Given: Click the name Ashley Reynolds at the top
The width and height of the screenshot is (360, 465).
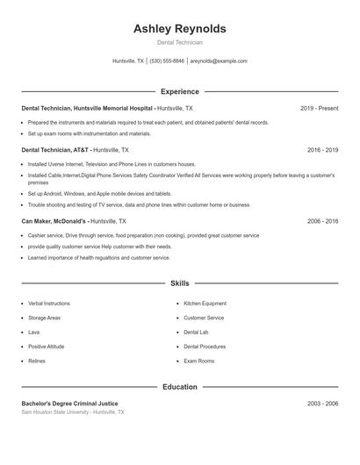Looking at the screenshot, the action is click(x=179, y=28).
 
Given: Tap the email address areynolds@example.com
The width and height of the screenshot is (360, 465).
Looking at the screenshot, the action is click(x=219, y=61).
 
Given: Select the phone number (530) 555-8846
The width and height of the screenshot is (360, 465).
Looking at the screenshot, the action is click(x=167, y=61).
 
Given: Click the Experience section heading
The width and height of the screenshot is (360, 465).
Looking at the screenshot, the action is click(x=179, y=91).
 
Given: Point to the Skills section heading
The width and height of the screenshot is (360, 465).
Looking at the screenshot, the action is click(x=179, y=283).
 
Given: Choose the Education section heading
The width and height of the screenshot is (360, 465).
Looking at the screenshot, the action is click(x=179, y=387).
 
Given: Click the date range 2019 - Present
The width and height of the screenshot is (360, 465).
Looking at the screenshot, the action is click(x=319, y=108).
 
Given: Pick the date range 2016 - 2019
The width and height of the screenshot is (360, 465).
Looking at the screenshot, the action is click(x=322, y=150).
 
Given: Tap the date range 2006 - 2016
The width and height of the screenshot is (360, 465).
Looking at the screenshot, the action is click(x=322, y=222).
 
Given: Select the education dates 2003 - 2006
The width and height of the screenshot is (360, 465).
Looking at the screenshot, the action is click(x=322, y=404).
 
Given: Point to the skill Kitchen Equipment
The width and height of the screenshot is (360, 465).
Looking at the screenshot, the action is click(x=205, y=304).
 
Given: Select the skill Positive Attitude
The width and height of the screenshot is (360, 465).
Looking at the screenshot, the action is click(x=46, y=347).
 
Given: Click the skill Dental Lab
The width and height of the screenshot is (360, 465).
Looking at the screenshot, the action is click(x=196, y=333).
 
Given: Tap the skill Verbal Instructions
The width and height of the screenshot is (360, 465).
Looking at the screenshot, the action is click(x=48, y=304).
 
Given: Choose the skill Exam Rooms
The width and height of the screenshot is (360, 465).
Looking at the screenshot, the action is click(x=198, y=361).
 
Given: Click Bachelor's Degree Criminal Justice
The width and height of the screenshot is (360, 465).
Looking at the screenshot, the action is click(x=69, y=404).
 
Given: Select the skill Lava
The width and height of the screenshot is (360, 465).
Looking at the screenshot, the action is click(x=33, y=333).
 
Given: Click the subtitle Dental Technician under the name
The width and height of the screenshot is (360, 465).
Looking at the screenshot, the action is click(x=179, y=42).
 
